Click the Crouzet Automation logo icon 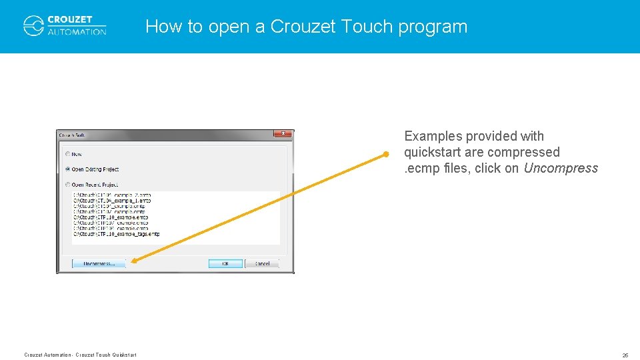(x=33, y=25)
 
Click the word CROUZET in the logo (x=70, y=20)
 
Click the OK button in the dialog (x=225, y=263)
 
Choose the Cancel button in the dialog (x=262, y=263)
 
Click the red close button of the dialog (x=283, y=135)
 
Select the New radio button (x=67, y=154)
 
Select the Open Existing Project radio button (x=67, y=169)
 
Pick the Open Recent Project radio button (x=67, y=185)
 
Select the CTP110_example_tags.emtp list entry (x=116, y=234)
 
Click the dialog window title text (x=73, y=135)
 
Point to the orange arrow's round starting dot (x=385, y=155)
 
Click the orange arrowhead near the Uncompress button (x=133, y=261)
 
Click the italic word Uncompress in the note (x=561, y=169)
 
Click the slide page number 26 (x=625, y=355)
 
